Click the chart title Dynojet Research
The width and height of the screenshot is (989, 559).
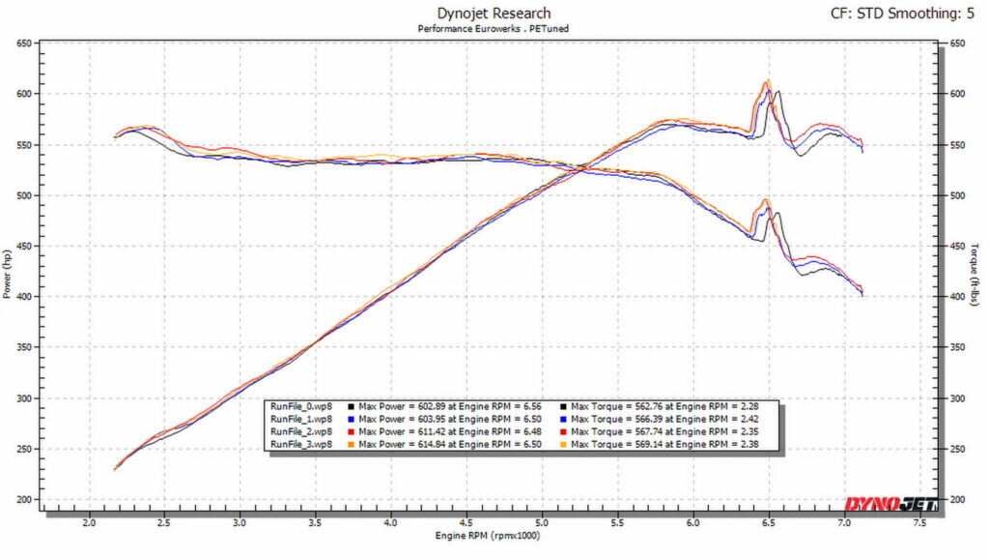pos(494,14)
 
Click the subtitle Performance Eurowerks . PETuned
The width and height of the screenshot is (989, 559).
pos(494,30)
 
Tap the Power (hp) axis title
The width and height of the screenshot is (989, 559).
pos(8,273)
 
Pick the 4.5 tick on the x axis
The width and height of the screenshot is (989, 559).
pos(466,523)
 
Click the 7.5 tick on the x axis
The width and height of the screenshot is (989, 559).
pos(919,523)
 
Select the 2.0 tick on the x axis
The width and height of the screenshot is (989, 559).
pos(89,523)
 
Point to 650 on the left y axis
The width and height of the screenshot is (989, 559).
pos(25,44)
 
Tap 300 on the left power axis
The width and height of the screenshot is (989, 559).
pos(25,398)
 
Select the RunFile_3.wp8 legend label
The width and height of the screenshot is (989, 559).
pos(302,444)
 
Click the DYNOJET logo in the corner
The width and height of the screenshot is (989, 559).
pos(885,503)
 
